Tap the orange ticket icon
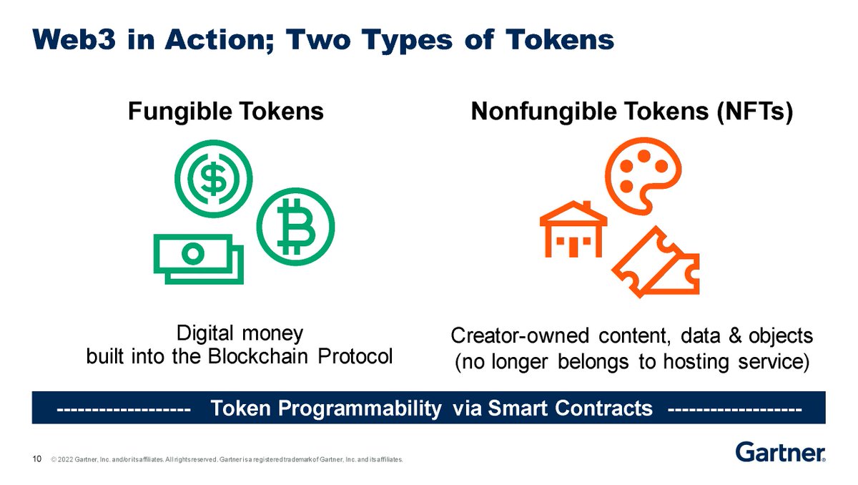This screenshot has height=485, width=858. (x=656, y=263)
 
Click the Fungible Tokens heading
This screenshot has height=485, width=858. (x=225, y=112)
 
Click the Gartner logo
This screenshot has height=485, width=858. (x=780, y=452)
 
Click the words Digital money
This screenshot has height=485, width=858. (x=240, y=333)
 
